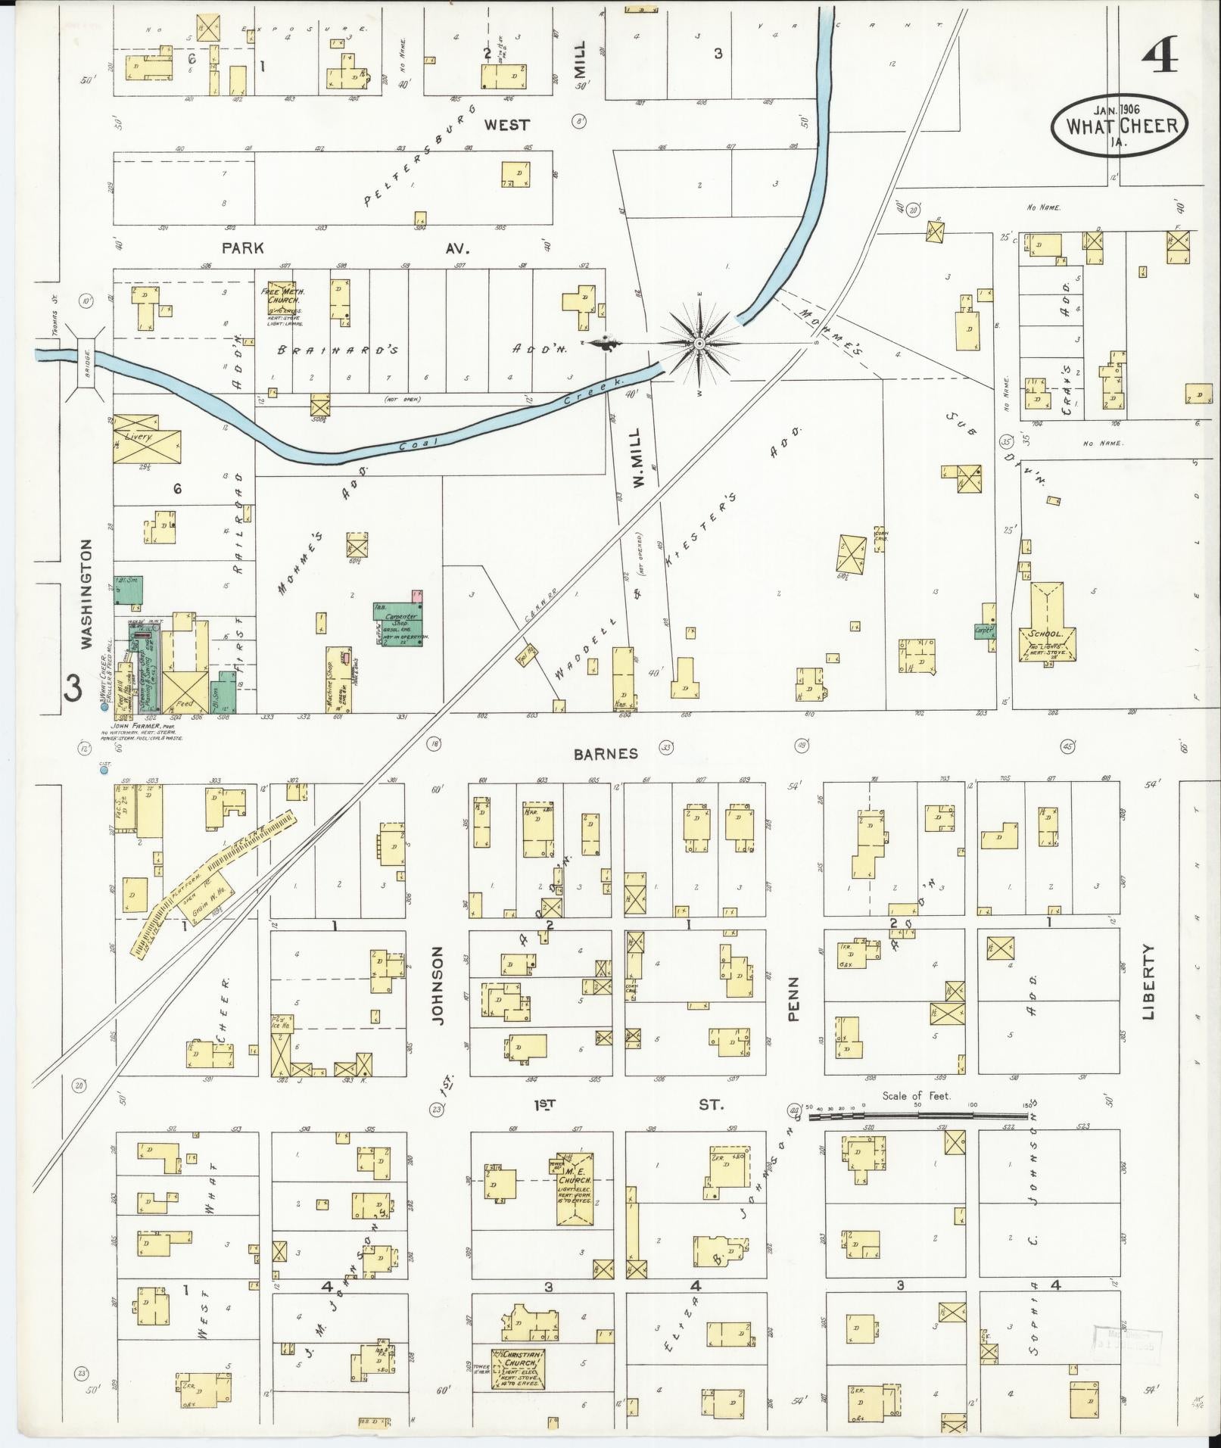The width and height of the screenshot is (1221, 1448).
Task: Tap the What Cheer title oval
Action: (1119, 123)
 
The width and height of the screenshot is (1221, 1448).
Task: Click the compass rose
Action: (699, 344)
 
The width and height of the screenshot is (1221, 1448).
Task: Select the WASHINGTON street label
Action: (87, 593)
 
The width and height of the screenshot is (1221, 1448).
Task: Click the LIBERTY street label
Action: (1150, 981)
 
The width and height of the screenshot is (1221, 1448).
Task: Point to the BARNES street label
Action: (605, 753)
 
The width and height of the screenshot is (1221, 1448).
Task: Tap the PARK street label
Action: (242, 248)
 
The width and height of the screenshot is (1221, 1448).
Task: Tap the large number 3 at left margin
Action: (73, 689)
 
